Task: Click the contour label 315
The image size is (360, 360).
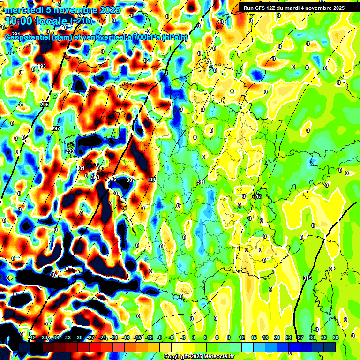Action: (307, 278)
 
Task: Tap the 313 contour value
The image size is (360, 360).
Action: (257, 196)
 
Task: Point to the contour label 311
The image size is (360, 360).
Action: (201, 182)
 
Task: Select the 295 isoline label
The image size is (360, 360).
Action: (45, 105)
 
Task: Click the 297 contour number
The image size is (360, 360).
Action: (55, 128)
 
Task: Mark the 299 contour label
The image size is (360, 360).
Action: (70, 151)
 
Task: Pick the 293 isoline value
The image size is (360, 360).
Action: (42, 67)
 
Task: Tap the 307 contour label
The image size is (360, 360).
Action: (130, 180)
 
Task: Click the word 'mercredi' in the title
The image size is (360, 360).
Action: (23, 10)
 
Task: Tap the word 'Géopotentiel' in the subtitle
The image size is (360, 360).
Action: (27, 37)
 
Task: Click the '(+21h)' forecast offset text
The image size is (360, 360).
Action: (81, 22)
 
